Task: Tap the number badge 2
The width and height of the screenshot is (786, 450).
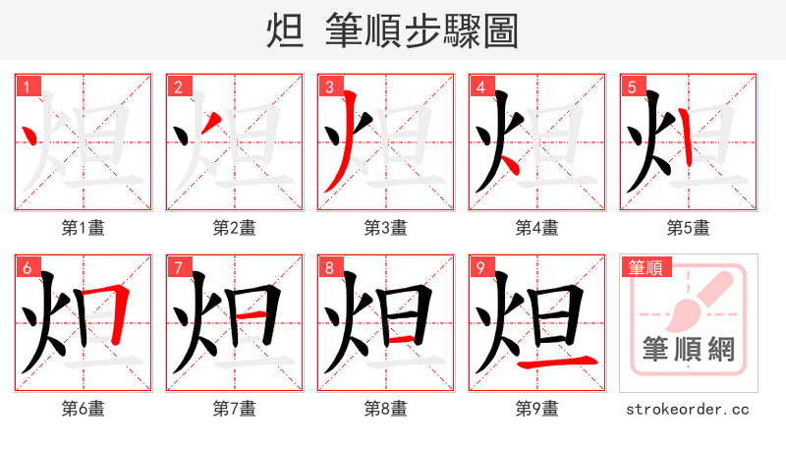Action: coord(177,87)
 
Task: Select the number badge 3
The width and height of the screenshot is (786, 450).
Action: coord(328,87)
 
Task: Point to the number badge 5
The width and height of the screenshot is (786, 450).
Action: coord(631,87)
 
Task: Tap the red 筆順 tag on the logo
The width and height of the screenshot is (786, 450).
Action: coord(644,267)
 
